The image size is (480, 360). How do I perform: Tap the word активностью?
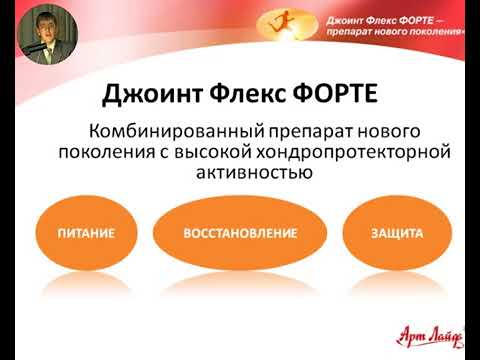coord(247,173)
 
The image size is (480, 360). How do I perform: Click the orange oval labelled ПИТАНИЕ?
coord(85,233)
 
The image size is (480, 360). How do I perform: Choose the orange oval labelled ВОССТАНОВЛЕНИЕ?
coord(240,233)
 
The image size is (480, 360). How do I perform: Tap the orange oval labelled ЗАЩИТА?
coord(397,233)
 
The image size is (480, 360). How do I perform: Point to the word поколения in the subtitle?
coord(98,152)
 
